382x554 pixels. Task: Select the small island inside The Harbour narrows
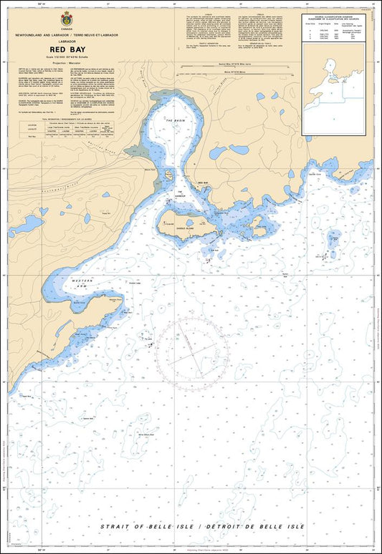(169, 175)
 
